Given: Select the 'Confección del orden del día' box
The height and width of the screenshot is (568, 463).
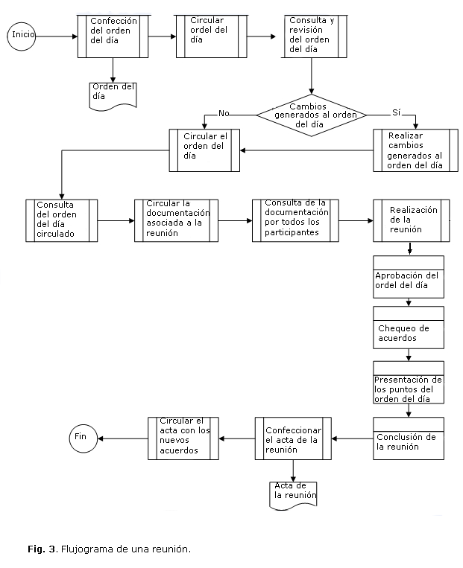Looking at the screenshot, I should coord(114,36).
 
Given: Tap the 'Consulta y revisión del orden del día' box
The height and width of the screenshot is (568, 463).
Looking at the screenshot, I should coord(311,36).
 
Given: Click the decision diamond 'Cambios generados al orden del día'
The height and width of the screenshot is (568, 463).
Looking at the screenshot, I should coord(312,115).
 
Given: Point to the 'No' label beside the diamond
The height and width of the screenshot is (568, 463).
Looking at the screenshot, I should coord(223,113).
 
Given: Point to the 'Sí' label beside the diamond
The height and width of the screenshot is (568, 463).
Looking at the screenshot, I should coord(397,112).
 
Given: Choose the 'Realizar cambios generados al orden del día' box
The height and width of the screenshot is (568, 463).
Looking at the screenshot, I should coord(415,151).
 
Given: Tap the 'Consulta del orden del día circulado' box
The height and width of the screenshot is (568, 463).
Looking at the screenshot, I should coord(61,221).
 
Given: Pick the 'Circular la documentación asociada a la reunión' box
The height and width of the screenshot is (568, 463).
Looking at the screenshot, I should coord(175,220).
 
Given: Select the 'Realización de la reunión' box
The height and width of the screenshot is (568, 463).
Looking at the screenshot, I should coord(411,220).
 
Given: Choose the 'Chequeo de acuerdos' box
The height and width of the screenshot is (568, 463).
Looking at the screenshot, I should coord(409,328).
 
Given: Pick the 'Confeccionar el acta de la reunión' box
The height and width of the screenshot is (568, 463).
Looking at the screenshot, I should coord(293,440).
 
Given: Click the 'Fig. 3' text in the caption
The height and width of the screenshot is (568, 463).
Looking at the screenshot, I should coord(42,549).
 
